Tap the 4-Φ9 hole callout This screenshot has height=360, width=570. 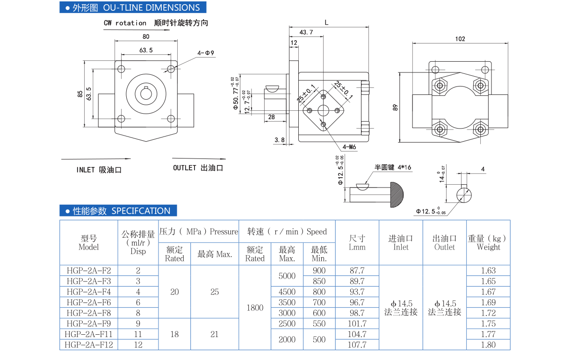point(206,53)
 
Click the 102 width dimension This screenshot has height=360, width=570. point(460,39)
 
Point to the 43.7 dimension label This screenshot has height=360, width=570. point(306,32)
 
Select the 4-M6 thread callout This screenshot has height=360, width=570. point(349,147)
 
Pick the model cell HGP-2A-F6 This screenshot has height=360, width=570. point(89,302)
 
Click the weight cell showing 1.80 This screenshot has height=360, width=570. point(488,345)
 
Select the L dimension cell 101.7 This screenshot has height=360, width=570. point(357,324)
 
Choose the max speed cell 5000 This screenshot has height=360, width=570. point(287,276)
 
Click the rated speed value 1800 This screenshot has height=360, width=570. point(255,308)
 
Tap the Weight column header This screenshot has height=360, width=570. point(488,243)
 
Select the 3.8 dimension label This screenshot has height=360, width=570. point(280,140)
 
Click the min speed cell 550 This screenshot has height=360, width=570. point(319,324)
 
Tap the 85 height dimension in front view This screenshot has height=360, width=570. point(80,94)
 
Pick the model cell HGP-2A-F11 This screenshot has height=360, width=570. point(89,334)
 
